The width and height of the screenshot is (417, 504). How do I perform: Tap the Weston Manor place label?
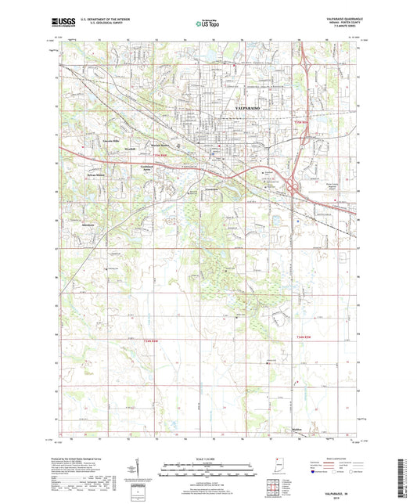[160, 146]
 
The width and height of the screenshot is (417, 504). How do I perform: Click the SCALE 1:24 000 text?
[207, 458]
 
